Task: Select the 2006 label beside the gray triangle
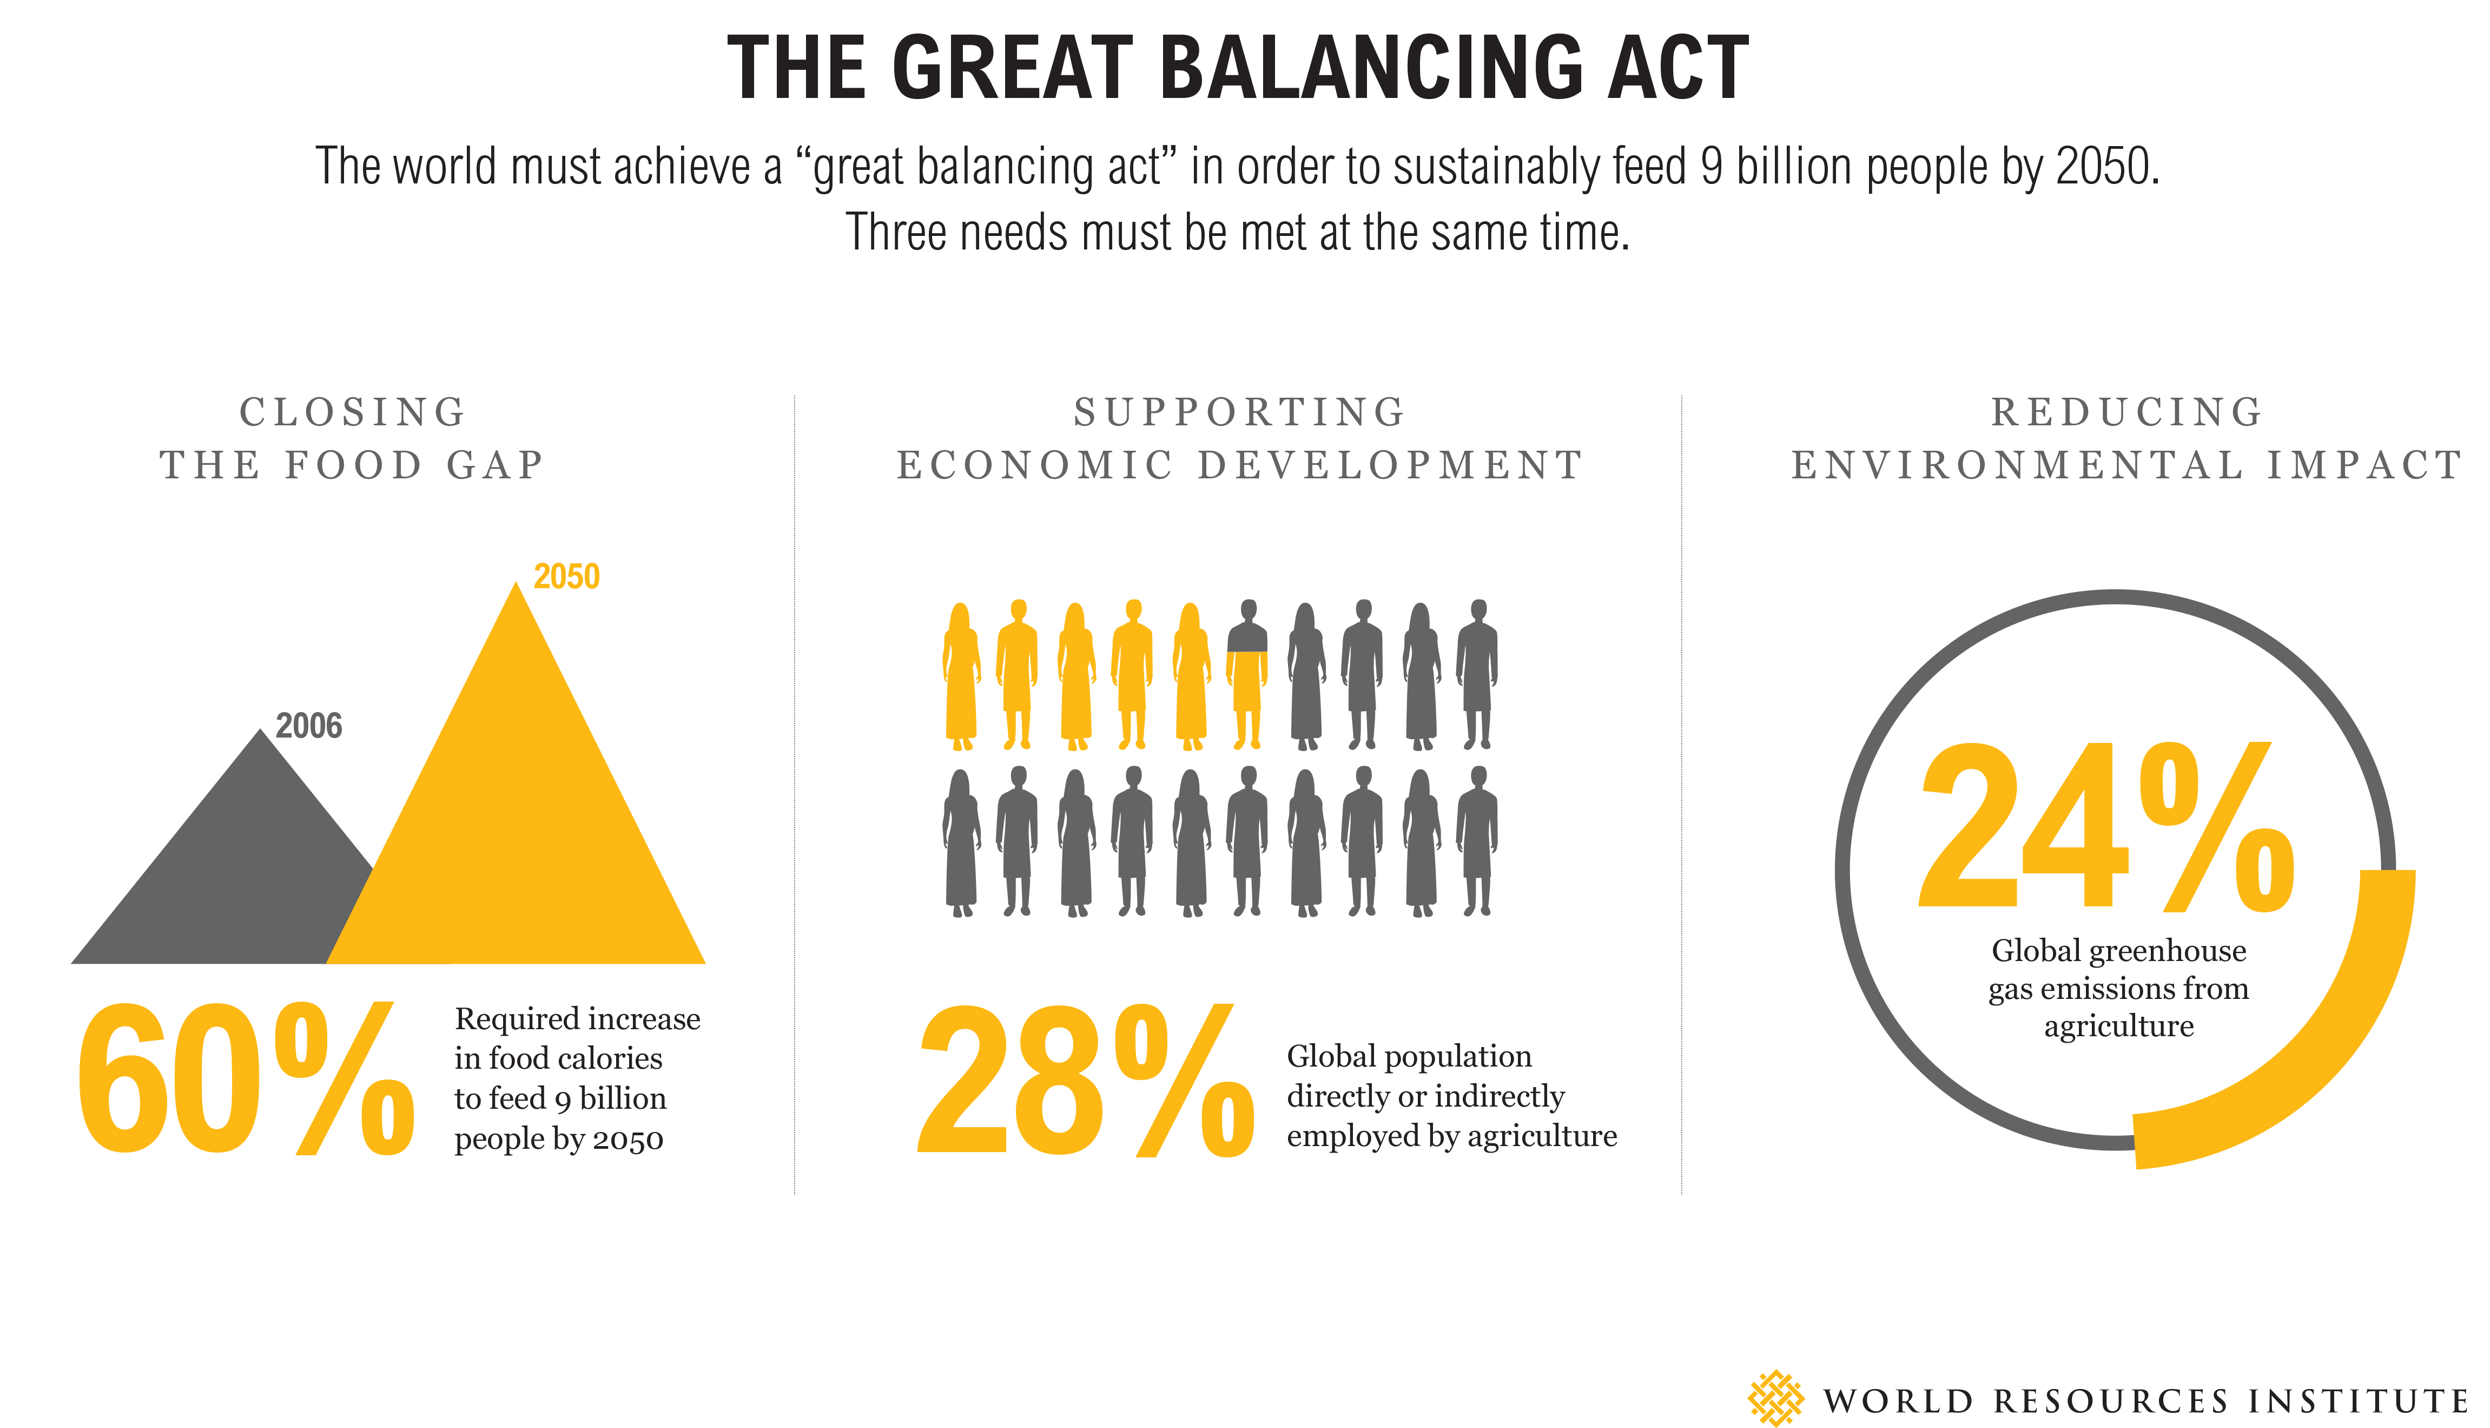point(309,726)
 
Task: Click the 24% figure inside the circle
point(2106,826)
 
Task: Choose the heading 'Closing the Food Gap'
point(353,438)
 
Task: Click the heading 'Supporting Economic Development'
point(1240,438)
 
